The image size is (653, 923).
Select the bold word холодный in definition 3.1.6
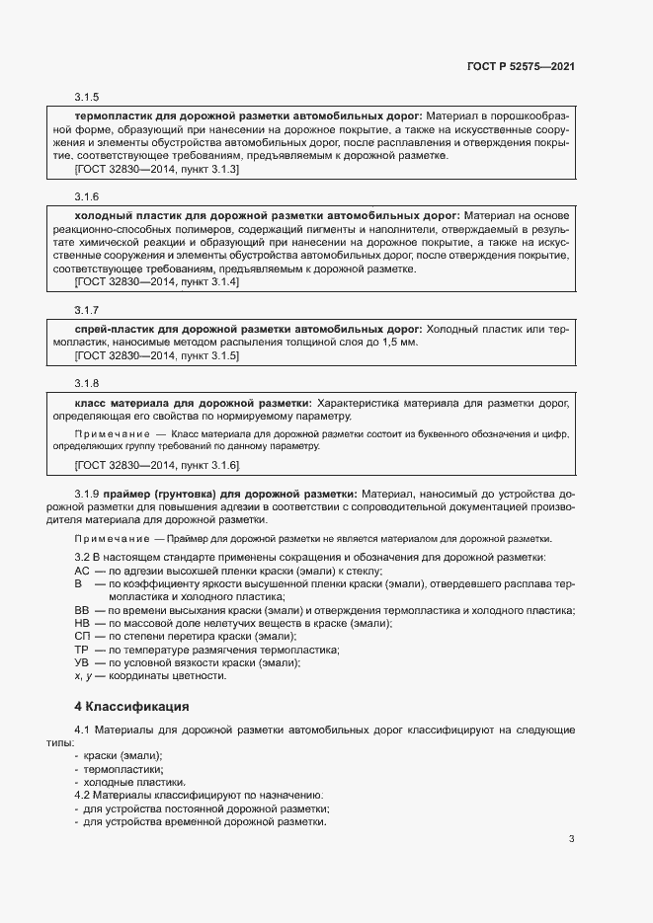[x=103, y=215]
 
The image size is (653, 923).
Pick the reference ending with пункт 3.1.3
[x=157, y=169]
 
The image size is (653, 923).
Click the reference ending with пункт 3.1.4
[x=157, y=282]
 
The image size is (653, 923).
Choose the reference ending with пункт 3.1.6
[x=157, y=464]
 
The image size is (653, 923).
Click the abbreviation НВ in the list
[x=83, y=624]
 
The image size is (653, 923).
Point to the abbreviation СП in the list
[x=83, y=637]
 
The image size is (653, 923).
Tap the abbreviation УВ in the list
[x=83, y=662]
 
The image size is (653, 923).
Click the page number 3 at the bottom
[x=571, y=839]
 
